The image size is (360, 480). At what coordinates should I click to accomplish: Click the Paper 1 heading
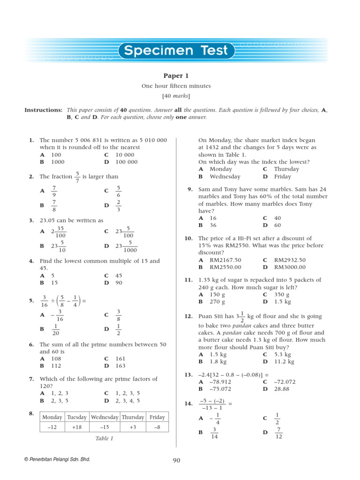176,76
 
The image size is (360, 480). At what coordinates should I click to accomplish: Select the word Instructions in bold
43,110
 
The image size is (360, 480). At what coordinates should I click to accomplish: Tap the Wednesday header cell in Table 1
105,417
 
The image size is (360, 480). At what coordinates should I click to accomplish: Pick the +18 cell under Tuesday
77,427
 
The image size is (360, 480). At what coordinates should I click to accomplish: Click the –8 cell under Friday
157,427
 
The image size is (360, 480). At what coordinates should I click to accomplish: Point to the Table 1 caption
104,439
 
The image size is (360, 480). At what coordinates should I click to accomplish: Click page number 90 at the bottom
176,460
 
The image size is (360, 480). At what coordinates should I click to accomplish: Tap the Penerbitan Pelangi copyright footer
57,460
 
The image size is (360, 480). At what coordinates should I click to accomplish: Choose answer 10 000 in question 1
125,155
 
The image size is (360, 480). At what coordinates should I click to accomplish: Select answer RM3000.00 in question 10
290,267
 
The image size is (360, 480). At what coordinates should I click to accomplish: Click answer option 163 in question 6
120,366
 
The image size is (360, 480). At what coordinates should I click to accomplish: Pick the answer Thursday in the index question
286,169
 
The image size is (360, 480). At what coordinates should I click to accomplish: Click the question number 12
188,317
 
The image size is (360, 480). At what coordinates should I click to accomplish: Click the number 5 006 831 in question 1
92,140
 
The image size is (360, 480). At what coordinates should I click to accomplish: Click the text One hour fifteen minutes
176,86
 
